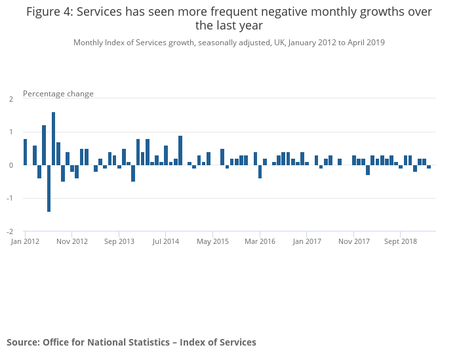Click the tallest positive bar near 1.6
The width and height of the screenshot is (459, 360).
point(53,138)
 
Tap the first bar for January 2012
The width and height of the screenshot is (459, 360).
point(25,152)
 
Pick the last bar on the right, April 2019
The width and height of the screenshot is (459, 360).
point(429,167)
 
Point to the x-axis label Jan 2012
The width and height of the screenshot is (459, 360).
point(26,241)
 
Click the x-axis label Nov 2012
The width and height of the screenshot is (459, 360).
point(72,241)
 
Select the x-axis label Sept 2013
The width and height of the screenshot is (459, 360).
point(119,241)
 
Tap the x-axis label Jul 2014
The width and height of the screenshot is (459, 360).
point(166,241)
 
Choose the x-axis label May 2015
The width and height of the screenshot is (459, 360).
point(213,241)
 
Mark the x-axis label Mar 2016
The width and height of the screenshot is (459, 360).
point(260,241)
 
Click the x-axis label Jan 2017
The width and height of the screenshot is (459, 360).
point(307,241)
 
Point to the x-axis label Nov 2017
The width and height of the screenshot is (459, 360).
point(353,241)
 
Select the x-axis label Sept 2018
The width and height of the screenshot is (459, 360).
point(401,241)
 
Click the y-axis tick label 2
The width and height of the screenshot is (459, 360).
point(11,99)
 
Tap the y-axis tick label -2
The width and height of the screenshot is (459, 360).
point(10,231)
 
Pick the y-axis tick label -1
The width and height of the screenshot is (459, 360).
point(10,199)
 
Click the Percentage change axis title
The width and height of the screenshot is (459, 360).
point(58,94)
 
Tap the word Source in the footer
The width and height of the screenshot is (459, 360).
point(22,342)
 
